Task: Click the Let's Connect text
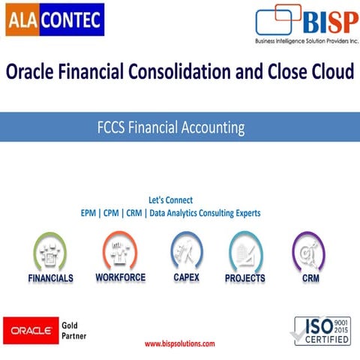coord(170,200)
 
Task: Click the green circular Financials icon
coord(50,251)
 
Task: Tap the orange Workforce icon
coord(120,250)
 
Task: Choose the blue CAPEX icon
coord(186,250)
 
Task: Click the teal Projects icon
coord(245,251)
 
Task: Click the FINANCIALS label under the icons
coord(50,278)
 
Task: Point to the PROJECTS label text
coord(245,278)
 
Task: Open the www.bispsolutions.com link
coord(179,343)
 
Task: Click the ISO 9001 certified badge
coord(322,330)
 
